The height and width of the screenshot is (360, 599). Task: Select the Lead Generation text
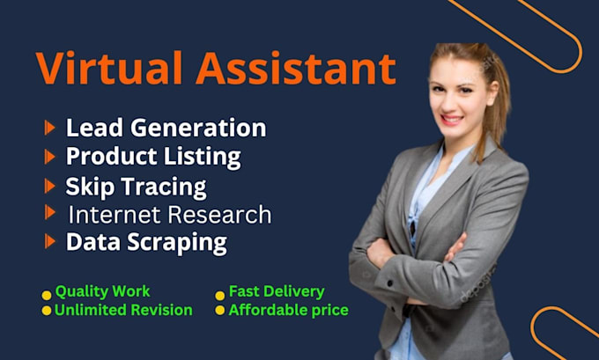[x=166, y=128]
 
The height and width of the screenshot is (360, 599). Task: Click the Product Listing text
[x=153, y=158]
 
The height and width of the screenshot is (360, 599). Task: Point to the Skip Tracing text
[x=136, y=187]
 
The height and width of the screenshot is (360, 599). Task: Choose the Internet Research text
[x=169, y=214]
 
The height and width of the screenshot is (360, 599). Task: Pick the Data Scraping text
[x=146, y=241]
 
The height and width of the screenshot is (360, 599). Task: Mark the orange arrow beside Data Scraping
[x=49, y=241]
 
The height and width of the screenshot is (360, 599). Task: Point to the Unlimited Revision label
[x=123, y=310]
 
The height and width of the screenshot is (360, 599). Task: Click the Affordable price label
[x=288, y=310]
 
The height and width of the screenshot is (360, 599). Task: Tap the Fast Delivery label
[x=277, y=291]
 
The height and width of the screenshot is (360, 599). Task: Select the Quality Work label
[x=102, y=291]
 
